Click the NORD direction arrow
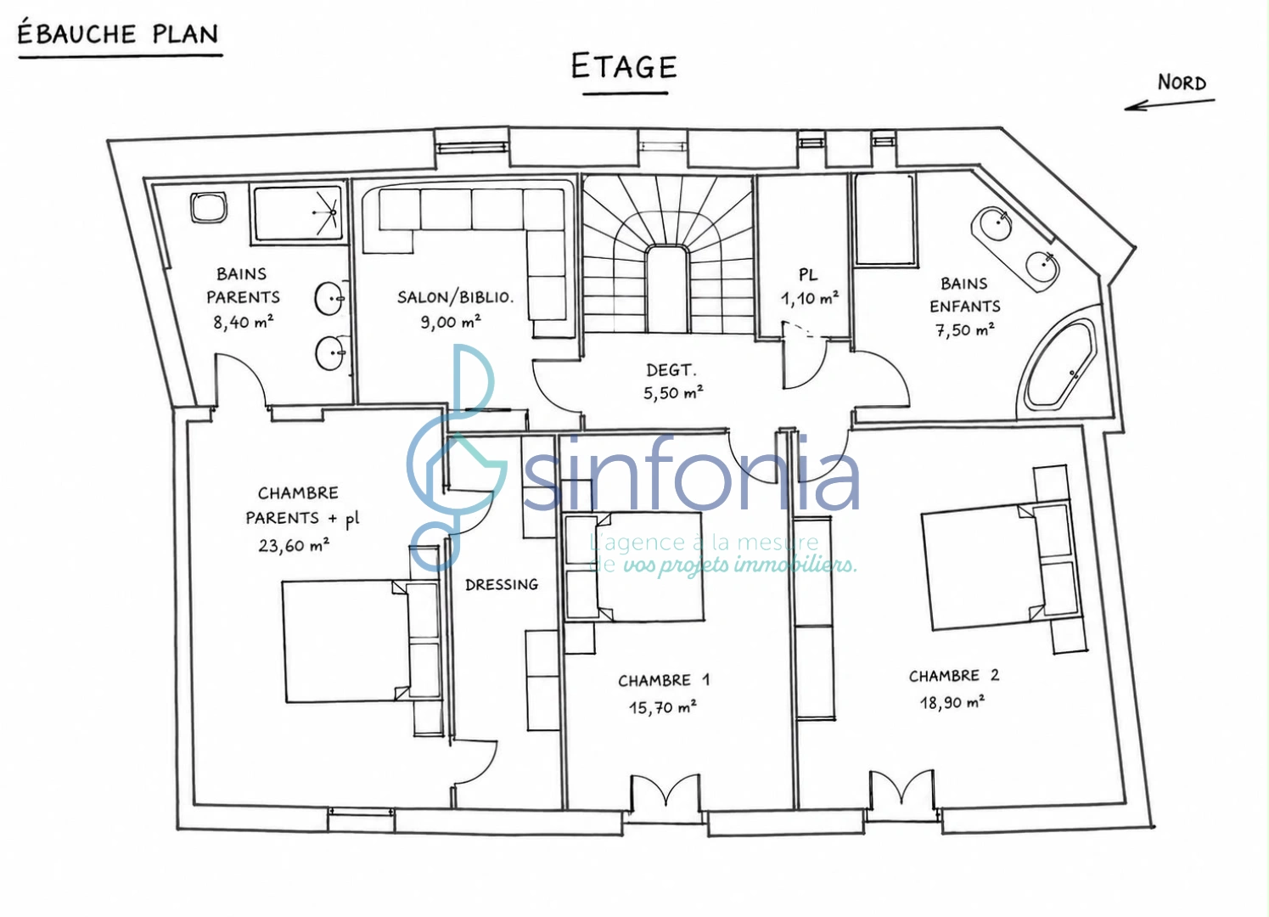[1170, 104]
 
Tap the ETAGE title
[624, 66]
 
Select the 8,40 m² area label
[243, 323]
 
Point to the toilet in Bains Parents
[209, 207]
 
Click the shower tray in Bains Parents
[299, 214]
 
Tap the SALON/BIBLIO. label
[456, 297]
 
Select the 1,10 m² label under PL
[810, 298]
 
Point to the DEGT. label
[671, 370]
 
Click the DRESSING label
[502, 584]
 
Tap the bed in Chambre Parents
[361, 640]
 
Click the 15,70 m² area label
[662, 707]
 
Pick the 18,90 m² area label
[952, 703]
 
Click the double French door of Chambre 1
[666, 791]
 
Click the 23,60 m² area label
[294, 546]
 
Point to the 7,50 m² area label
[965, 329]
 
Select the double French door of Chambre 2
[902, 787]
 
